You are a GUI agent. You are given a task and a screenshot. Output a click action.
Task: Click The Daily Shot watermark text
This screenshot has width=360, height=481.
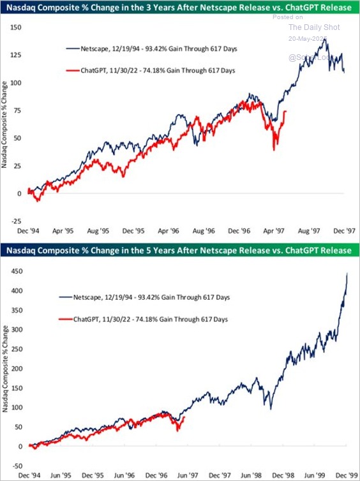click(314, 27)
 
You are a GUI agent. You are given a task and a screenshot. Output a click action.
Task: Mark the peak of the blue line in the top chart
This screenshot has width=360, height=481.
click(326, 40)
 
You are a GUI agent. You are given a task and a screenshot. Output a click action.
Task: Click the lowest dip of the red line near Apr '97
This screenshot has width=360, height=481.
click(274, 150)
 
